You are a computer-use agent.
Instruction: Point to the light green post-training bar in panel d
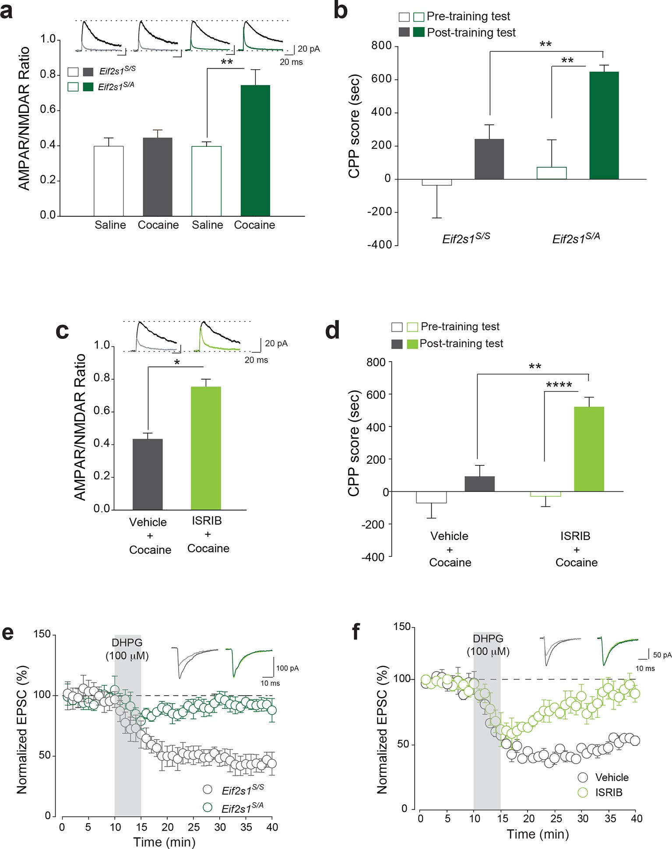[x=589, y=449]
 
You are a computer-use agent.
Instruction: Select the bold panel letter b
[x=341, y=11]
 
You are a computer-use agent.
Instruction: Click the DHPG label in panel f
[x=488, y=639]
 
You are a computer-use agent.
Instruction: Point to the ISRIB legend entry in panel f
[x=609, y=793]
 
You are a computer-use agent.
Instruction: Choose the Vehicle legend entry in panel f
[x=612, y=778]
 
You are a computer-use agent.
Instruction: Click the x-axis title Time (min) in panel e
[x=164, y=842]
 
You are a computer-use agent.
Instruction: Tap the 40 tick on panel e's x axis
[x=272, y=827]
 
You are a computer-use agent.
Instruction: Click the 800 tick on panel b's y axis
[x=381, y=46]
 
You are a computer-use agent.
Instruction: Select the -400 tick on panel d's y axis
[x=373, y=557]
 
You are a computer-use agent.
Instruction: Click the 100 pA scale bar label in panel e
[x=287, y=668]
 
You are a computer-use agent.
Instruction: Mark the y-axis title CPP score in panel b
[x=354, y=127]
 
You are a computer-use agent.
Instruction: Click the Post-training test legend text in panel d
[x=461, y=344]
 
